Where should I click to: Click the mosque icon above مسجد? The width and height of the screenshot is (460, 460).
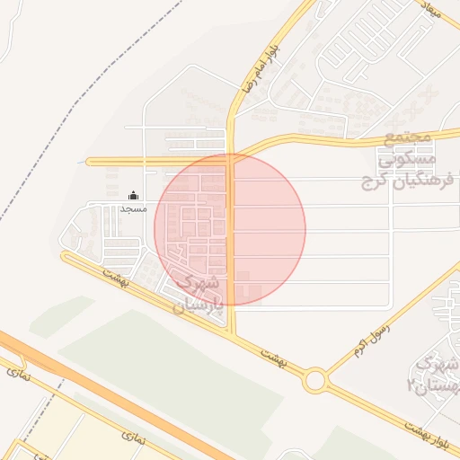134,195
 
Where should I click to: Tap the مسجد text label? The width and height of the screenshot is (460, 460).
133,208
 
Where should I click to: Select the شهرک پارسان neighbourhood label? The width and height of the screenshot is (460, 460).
203,292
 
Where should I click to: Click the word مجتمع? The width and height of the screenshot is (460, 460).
408,139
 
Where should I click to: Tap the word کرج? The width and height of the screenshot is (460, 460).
371,182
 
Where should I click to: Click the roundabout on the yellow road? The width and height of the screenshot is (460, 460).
314,380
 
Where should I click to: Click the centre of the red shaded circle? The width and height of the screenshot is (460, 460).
230,229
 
